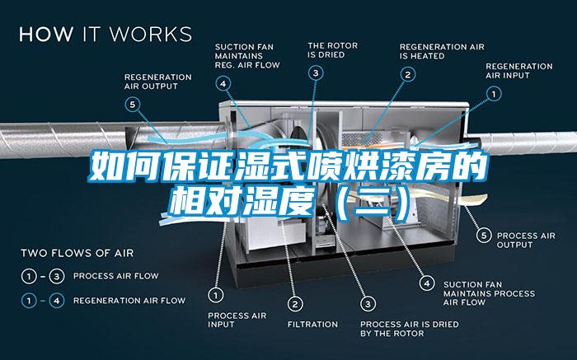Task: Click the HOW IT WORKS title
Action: coord(106,34)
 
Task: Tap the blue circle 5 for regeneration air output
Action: coord(133,105)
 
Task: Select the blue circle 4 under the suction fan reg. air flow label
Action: coord(223,84)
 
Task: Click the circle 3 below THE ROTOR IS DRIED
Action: coord(316,72)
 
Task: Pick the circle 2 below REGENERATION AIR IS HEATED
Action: coord(408,75)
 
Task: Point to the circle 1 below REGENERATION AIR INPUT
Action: coord(494,94)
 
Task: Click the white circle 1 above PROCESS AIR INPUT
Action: coord(216,295)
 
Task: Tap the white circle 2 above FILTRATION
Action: coord(295,304)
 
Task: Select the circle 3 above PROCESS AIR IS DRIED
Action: coord(368,304)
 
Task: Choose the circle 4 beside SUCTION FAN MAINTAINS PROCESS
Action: coord(427,283)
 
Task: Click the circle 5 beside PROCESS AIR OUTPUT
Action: coord(484,236)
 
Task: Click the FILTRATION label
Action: coord(312,325)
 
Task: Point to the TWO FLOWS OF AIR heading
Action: coord(77,253)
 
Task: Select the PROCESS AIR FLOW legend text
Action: coord(116,276)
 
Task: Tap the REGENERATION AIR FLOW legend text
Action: coord(129,301)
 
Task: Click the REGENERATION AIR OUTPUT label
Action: coord(158,82)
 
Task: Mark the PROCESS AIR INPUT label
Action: coord(237,320)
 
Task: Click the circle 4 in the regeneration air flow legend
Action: coord(57,301)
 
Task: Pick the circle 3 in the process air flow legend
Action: coord(57,276)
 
